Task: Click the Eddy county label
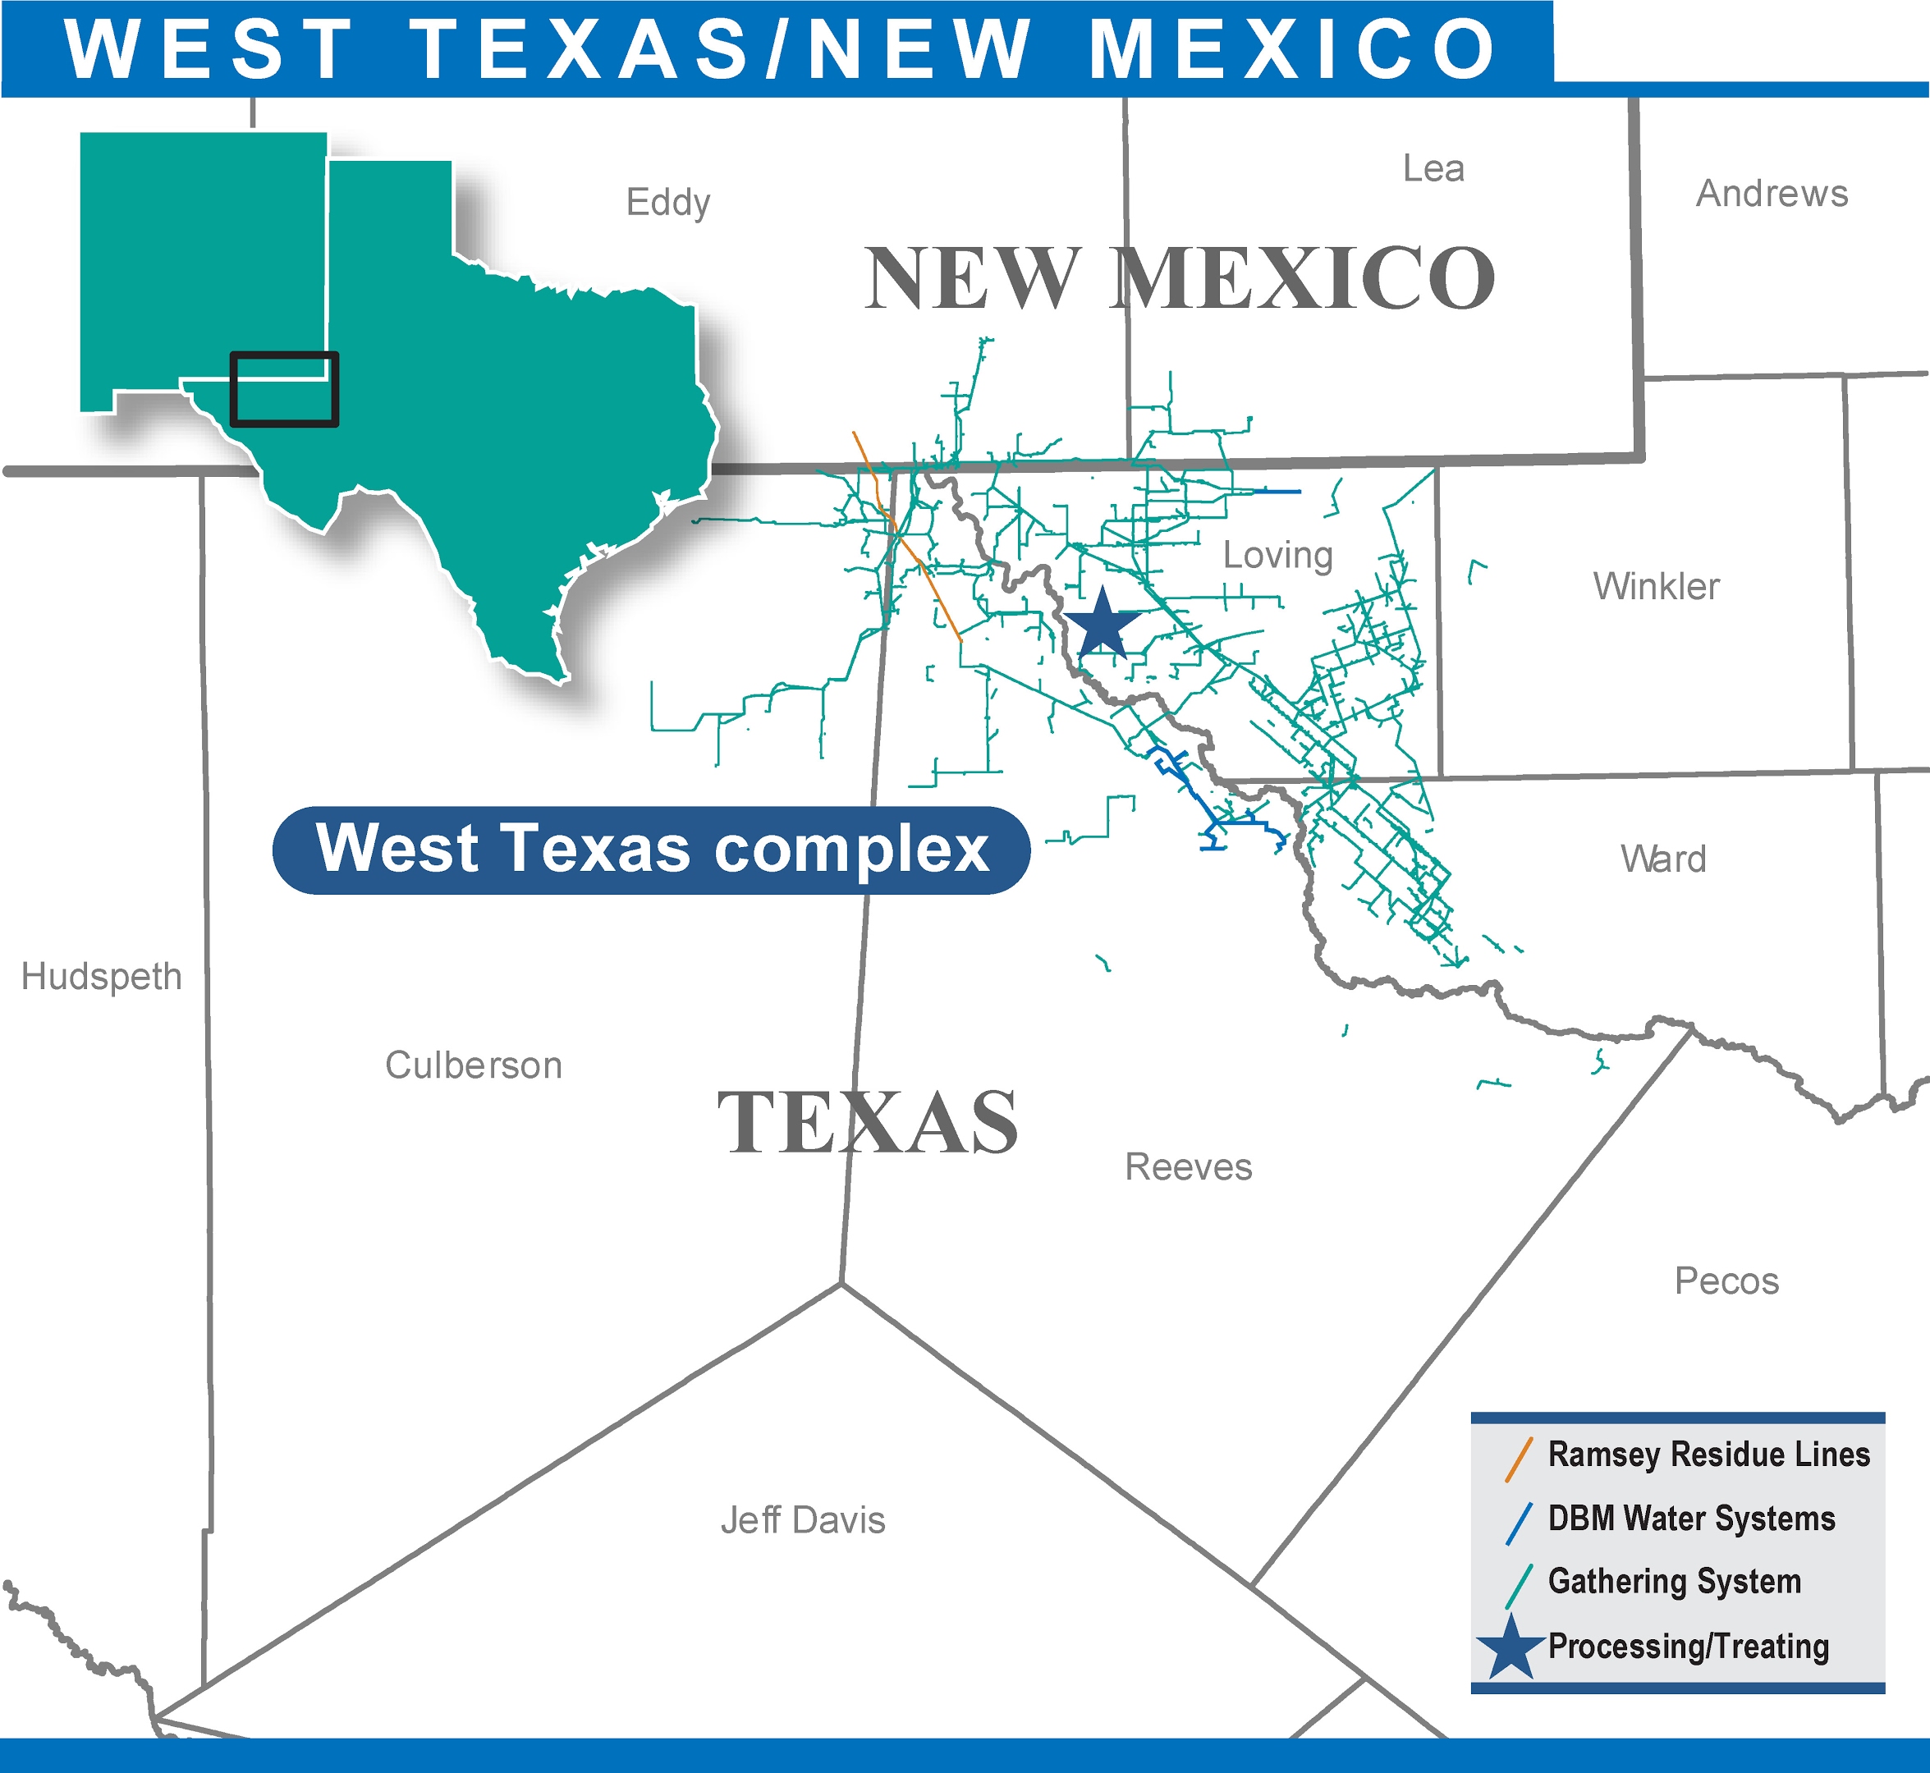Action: point(668,203)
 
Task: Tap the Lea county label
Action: point(1433,169)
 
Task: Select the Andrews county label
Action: point(1772,194)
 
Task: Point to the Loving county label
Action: point(1277,556)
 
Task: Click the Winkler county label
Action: point(1657,586)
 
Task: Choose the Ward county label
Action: point(1663,859)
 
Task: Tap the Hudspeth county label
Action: point(102,977)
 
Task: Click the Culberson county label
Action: point(473,1065)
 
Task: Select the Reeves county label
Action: point(1188,1166)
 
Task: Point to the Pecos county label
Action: point(1726,1280)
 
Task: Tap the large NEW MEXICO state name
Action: point(1180,278)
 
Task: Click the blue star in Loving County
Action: point(1103,625)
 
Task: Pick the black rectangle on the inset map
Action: point(284,388)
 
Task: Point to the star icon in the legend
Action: point(1511,1647)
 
